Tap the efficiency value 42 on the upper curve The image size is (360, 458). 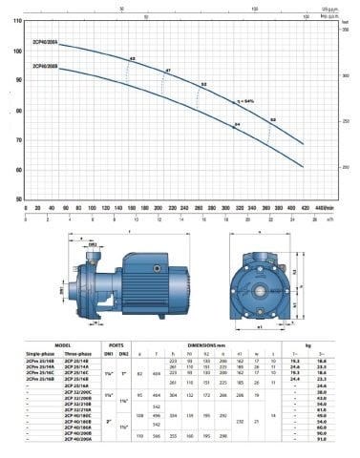(133, 60)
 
